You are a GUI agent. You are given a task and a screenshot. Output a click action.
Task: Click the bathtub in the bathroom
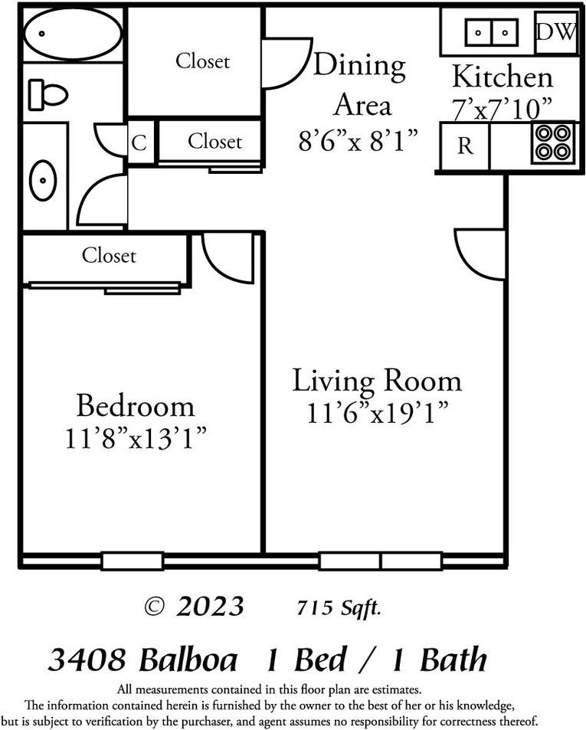72,34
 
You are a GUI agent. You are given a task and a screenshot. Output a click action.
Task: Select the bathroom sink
43,181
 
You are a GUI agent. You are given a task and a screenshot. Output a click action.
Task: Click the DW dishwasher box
556,32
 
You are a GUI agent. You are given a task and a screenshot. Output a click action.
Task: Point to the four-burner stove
553,142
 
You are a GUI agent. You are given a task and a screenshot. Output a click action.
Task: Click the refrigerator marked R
465,146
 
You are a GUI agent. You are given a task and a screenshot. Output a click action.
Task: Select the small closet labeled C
139,143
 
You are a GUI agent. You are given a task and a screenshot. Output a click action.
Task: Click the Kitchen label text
502,77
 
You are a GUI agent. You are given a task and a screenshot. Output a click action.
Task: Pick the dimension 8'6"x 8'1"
358,140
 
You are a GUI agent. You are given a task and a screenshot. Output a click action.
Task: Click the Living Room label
377,380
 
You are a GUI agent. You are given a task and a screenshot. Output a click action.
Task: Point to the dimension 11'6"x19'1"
377,414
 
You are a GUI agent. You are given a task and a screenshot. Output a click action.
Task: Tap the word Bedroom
135,404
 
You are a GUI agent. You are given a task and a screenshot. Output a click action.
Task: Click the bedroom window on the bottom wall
132,561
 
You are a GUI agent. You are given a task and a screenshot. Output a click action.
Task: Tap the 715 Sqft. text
339,608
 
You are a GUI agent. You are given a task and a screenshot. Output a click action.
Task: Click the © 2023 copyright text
195,607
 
